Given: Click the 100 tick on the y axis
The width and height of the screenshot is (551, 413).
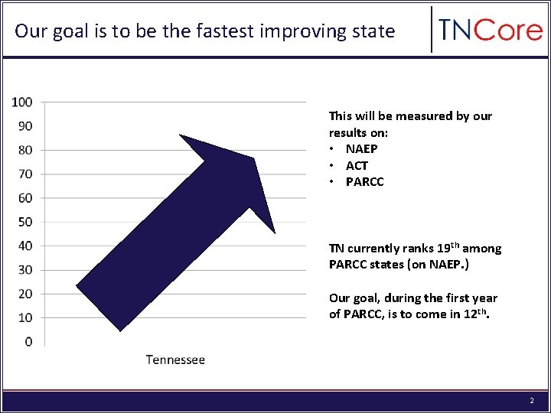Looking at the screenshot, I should click(x=22, y=102).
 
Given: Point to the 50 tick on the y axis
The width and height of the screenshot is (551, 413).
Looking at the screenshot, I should click(x=25, y=222).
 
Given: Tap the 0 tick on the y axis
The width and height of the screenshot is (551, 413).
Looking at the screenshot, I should click(x=28, y=342).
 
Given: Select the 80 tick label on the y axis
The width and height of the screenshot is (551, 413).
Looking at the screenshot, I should click(x=25, y=150).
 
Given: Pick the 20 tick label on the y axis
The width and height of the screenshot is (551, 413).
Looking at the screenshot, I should click(x=25, y=294).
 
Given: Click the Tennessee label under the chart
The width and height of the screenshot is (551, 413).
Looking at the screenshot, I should click(x=175, y=359).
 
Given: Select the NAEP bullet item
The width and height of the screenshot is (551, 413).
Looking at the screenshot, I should click(x=361, y=149).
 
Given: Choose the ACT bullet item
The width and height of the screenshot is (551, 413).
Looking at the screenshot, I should click(x=357, y=165).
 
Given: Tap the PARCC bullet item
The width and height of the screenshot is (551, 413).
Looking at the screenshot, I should click(x=364, y=182).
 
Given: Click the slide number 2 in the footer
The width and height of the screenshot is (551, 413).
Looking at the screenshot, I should click(x=531, y=401).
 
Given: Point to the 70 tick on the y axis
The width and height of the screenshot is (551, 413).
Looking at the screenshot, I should click(x=25, y=174).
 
